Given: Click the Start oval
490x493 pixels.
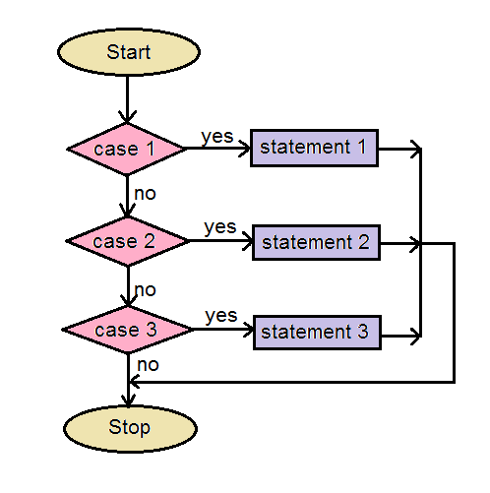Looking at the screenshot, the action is click(129, 52).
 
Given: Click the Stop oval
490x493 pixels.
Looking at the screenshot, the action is click(130, 428).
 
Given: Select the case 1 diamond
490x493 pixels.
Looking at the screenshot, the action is click(127, 149).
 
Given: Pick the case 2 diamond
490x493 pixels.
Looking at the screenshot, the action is click(127, 241).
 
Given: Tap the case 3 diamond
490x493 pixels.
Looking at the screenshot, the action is click(128, 330).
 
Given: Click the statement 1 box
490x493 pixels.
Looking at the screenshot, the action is click(314, 148).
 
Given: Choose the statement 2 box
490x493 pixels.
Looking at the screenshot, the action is click(316, 243).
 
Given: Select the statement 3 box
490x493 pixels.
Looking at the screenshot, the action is click(317, 333).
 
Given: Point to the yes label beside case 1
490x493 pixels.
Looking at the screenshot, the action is click(217, 137).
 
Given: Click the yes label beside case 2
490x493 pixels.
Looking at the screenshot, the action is click(219, 227).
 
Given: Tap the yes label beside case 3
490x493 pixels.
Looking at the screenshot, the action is click(221, 316).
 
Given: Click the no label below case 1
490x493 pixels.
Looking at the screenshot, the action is click(145, 194).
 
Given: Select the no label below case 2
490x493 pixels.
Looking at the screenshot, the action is click(145, 290).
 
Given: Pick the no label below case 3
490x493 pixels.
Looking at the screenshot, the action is click(148, 365).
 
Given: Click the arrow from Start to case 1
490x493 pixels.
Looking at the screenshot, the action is click(127, 99).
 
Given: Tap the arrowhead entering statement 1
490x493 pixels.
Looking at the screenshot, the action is click(245, 149).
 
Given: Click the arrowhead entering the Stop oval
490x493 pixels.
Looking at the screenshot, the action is click(128, 400).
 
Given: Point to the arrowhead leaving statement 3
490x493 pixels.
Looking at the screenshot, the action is click(416, 336).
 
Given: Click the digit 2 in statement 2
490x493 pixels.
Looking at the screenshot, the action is click(363, 242).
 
